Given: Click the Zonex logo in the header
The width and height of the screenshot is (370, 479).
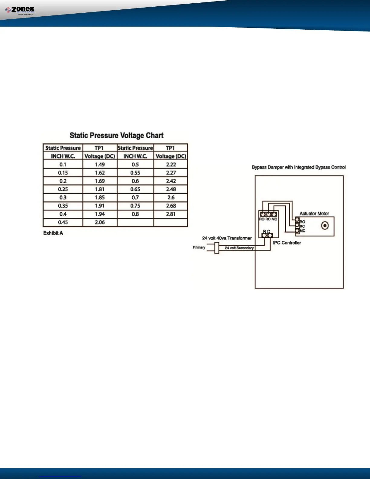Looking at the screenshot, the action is coord(20,11).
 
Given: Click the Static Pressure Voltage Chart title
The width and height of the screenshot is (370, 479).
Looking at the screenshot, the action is coord(116,135).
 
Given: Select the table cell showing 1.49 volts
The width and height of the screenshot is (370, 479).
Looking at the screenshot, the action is coord(100,165).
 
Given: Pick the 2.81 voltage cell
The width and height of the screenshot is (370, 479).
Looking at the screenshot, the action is coord(171,214).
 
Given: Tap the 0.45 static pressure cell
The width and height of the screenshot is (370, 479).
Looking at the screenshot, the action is coord(63,222).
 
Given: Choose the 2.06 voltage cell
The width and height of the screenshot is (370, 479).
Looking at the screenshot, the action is coord(100,222).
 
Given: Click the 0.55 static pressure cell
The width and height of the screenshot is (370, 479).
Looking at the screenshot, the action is coord(135,173).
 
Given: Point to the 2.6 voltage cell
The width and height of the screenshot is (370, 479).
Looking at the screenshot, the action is coord(171,197).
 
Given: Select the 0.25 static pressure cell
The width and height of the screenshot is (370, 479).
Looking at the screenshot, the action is coord(63,189).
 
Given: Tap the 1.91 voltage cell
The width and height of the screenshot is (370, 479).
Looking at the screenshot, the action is coord(100,206).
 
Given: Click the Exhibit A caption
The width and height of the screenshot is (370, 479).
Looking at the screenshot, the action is coord(53,233).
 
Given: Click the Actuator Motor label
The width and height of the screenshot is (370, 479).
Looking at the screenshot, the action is coord(314,213).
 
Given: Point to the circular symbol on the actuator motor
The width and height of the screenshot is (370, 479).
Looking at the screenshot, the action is coord(325,226).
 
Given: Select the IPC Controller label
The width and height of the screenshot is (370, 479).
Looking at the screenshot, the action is coord(287,243).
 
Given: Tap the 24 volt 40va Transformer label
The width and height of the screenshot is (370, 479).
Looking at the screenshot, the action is coord(227,238).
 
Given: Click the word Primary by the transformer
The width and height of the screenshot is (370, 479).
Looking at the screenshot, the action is coord(199,247).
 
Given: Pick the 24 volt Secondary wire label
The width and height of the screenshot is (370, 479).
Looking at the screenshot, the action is coord(239,248).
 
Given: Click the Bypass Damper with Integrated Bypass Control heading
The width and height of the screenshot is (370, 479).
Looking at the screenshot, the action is coord(299,167).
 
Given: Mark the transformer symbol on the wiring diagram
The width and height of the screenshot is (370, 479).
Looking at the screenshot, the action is coord(216,249).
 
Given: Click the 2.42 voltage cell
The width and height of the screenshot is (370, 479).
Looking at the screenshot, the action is coord(171,181).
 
